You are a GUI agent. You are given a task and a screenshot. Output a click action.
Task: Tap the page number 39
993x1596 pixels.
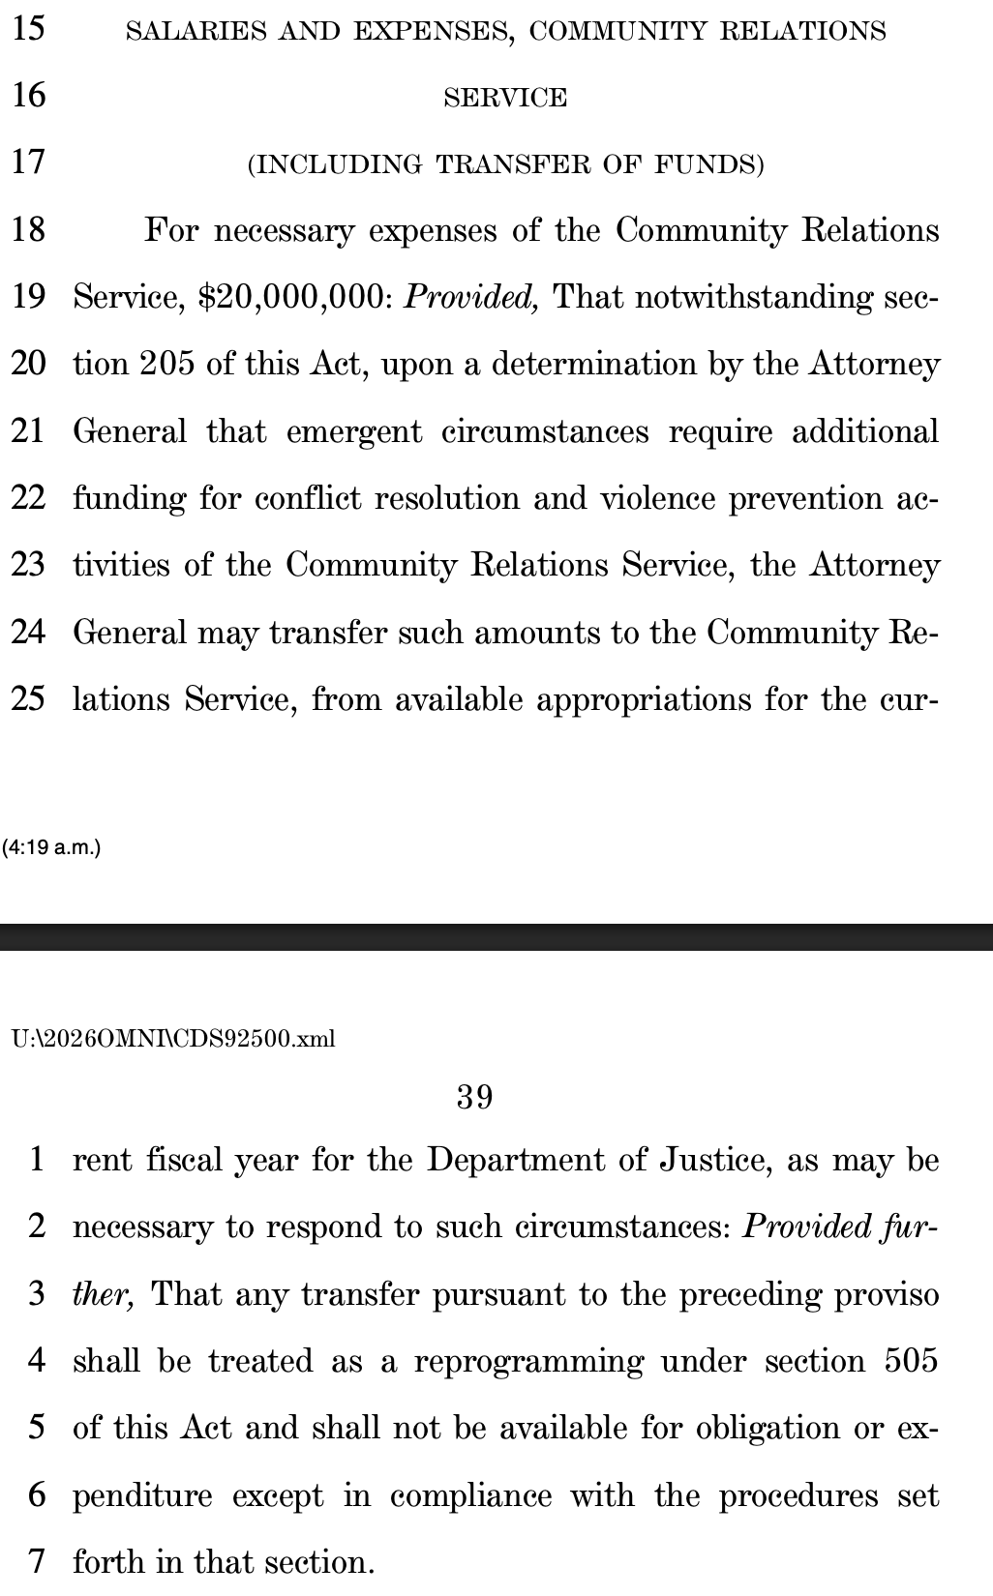coord(474,1097)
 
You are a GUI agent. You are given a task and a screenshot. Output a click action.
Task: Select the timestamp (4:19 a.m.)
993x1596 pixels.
coord(51,848)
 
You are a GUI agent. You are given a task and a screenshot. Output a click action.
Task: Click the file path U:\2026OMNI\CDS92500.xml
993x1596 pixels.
coord(173,1039)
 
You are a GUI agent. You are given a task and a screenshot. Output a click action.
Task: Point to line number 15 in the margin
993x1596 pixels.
coord(29,29)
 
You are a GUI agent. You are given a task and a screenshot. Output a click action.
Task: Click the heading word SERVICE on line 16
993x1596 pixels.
coord(505,98)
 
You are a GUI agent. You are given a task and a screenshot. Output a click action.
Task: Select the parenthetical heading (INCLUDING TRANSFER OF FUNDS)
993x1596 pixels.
coord(505,164)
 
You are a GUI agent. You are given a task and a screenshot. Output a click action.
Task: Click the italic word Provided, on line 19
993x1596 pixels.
coord(470,297)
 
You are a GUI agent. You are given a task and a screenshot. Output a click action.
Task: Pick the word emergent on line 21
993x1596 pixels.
coord(354,431)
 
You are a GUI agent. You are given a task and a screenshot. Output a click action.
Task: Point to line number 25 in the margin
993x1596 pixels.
coord(29,698)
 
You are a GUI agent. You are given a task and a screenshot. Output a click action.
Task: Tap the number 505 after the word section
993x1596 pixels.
coord(912,1361)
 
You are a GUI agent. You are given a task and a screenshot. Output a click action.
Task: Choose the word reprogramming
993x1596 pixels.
coord(528,1362)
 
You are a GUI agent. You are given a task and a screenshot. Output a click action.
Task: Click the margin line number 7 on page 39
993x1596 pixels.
coord(37,1562)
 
